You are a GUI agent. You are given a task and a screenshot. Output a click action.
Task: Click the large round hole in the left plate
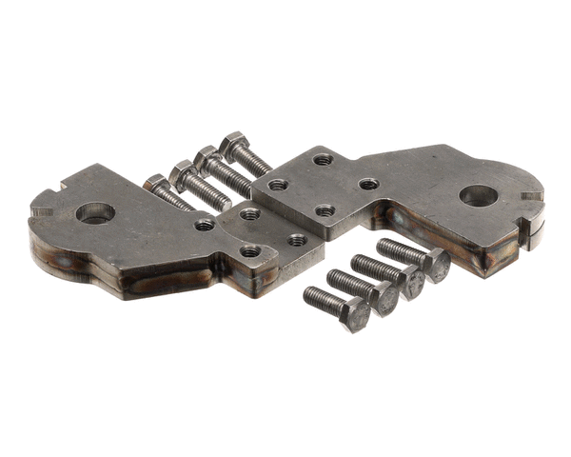pyautogui.click(x=95, y=212)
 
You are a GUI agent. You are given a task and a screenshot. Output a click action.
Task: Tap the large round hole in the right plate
pyautogui.click(x=478, y=195)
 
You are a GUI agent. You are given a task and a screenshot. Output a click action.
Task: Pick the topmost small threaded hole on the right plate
pyautogui.click(x=324, y=159)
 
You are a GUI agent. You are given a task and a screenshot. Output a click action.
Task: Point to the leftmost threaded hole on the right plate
pyautogui.click(x=278, y=184)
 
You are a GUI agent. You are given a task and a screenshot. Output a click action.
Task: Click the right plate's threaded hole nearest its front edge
pyautogui.click(x=325, y=209)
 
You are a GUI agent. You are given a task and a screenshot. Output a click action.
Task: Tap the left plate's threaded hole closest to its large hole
pyautogui.click(x=205, y=225)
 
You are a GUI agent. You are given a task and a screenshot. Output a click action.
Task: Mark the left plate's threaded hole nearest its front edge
pyautogui.click(x=250, y=251)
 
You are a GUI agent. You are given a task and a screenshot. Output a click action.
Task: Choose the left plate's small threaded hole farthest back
pyautogui.click(x=249, y=214)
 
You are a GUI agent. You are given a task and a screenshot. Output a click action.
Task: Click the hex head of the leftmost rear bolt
pyautogui.click(x=154, y=181)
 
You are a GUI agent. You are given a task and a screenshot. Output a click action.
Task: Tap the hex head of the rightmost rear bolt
pyautogui.click(x=232, y=145)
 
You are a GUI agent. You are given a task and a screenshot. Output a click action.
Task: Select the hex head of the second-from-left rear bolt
pyautogui.click(x=181, y=172)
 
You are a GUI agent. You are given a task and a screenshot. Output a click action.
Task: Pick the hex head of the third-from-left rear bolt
pyautogui.click(x=207, y=157)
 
